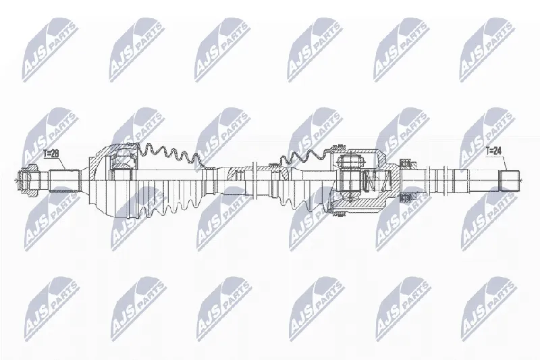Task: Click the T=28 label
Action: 51,153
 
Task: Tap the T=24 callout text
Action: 493,150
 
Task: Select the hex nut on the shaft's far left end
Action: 28,180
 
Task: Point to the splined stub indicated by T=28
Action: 65,181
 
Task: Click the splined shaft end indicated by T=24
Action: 510,181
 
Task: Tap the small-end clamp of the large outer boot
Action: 209,181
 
